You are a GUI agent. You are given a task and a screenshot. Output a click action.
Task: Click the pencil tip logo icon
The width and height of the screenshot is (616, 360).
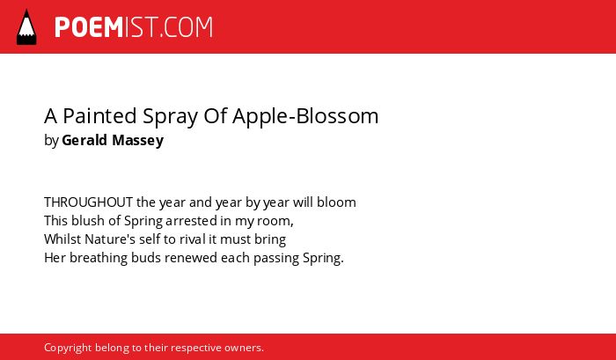(x=26, y=26)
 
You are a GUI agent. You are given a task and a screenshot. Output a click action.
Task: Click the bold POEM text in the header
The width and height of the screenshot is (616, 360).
(x=89, y=27)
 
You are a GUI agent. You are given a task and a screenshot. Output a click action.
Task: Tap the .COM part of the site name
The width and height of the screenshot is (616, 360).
(x=187, y=27)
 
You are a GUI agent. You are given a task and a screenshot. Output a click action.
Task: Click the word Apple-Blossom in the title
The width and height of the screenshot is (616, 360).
(x=305, y=116)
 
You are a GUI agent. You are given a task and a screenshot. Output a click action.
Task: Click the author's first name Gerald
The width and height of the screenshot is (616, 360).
(x=84, y=140)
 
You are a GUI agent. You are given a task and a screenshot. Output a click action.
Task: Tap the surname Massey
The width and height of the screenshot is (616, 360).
(x=138, y=141)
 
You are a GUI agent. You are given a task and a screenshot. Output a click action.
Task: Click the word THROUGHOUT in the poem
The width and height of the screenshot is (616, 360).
(x=88, y=202)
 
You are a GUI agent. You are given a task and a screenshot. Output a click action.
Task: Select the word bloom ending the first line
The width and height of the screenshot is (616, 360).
(x=336, y=202)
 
